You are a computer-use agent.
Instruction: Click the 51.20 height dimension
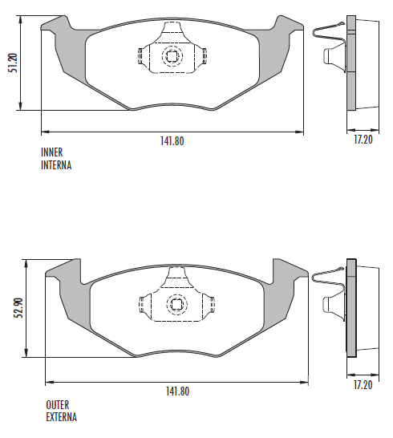pos(13,63)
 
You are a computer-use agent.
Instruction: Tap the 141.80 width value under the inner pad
pos(172,141)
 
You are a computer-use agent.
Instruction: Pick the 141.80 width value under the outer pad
pos(177,391)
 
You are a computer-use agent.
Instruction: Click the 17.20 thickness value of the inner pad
pos(363,139)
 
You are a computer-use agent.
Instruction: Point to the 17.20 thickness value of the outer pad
pos(363,385)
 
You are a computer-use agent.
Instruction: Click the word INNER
pos(52,152)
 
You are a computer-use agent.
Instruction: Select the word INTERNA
pos(56,165)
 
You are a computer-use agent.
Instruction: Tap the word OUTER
pos(58,405)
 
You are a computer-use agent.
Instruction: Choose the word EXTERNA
pos(61,417)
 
